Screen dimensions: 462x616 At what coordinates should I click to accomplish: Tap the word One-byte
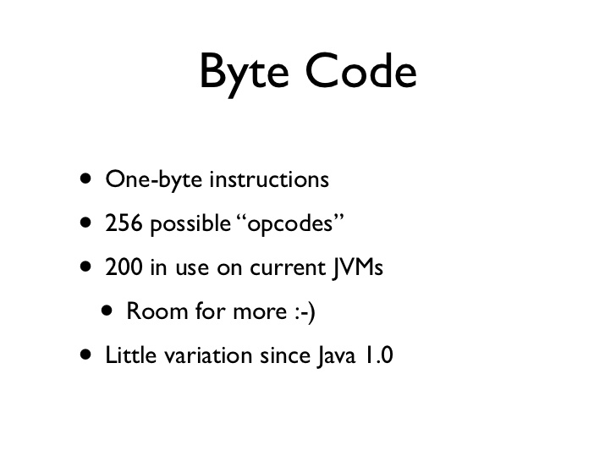(153, 180)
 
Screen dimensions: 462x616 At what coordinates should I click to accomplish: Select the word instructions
(268, 180)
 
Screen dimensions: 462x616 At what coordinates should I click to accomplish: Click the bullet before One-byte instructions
(84, 179)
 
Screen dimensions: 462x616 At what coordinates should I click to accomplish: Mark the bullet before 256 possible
(84, 223)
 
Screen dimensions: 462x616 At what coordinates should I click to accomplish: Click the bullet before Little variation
(84, 356)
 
